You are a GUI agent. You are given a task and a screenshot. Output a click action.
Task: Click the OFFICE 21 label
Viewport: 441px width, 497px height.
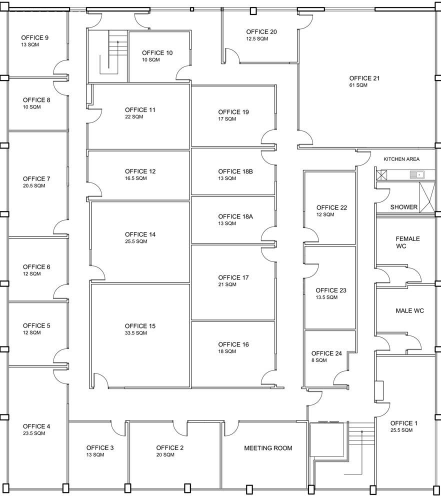(364, 78)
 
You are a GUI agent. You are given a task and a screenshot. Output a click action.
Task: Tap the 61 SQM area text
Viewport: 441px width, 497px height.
(358, 85)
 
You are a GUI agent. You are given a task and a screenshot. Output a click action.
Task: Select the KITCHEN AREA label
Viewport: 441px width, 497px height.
(401, 159)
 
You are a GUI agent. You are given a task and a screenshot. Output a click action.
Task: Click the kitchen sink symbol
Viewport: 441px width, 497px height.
(416, 174)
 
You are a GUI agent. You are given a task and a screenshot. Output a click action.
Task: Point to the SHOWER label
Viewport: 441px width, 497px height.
(403, 207)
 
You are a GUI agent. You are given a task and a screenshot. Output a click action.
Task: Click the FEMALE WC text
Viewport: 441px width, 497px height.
(407, 242)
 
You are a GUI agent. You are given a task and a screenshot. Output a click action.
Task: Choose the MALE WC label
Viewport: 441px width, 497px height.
(409, 311)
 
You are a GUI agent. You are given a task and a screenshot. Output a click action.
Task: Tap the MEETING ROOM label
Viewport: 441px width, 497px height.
(268, 448)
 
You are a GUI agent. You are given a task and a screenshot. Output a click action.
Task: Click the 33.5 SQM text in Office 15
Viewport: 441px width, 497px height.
(135, 333)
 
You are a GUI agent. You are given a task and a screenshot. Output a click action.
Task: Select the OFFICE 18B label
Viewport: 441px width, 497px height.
(235, 171)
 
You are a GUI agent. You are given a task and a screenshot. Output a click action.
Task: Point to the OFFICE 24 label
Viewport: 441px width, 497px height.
(326, 353)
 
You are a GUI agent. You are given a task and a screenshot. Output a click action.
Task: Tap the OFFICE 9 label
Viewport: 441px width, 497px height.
(34, 37)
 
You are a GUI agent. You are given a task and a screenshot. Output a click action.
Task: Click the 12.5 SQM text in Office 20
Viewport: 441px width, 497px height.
(256, 39)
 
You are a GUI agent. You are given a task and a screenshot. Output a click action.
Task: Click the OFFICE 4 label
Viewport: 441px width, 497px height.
(36, 426)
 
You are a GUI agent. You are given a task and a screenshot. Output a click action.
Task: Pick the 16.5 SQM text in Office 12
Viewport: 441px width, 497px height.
(135, 178)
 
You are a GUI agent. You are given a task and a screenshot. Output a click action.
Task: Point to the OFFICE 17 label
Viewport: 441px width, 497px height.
(233, 277)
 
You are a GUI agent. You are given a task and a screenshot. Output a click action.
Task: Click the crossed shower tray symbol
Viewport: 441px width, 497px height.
(427, 197)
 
